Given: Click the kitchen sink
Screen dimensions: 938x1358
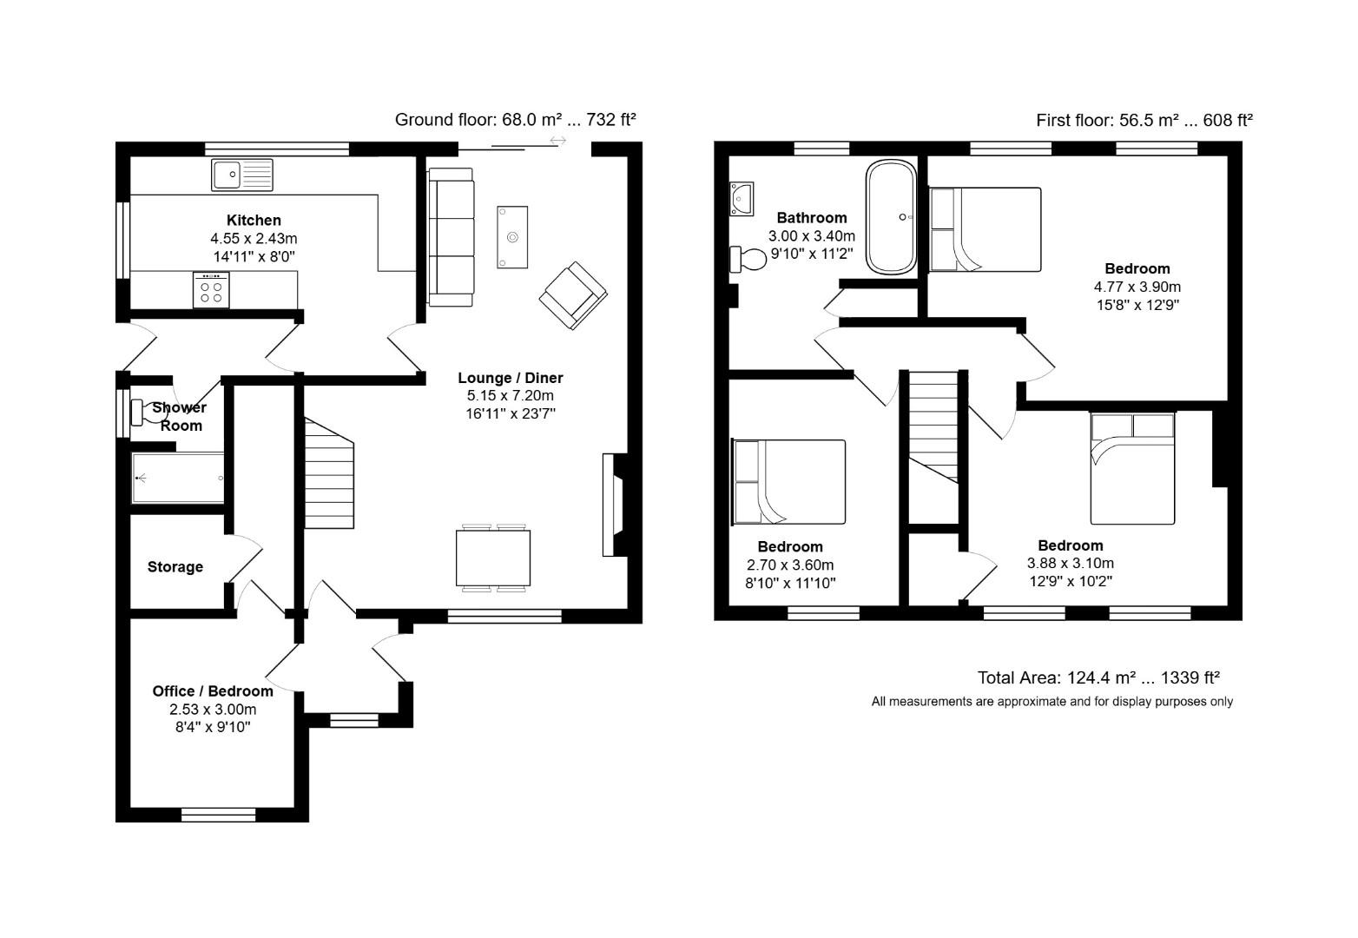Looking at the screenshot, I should (x=241, y=175).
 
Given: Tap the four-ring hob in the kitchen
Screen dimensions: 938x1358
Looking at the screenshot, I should (x=211, y=289).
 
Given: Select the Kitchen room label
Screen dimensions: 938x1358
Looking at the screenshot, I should (x=254, y=221).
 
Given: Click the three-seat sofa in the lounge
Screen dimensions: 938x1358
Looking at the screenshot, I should (x=451, y=237).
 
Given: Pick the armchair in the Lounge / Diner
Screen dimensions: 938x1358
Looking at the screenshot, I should (x=573, y=296).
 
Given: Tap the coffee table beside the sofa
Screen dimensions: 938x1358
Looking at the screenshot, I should (x=512, y=237).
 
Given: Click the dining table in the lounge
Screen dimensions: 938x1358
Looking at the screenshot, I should (x=493, y=558).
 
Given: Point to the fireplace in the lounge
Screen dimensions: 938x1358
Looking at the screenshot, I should (x=612, y=505).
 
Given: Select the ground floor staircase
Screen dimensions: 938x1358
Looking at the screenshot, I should (x=329, y=473).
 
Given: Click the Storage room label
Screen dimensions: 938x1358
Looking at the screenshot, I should (x=175, y=567).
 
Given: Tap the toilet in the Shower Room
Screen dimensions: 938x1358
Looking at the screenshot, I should (x=144, y=413).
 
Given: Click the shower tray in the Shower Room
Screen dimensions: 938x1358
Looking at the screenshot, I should (x=178, y=478).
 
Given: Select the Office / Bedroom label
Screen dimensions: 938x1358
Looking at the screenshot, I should (x=213, y=691).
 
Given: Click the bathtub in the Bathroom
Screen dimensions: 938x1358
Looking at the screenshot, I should (x=890, y=217).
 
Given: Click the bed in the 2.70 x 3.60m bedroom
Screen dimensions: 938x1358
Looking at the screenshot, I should (x=789, y=482).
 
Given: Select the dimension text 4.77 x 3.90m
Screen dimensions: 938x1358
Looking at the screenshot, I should (x=1137, y=287).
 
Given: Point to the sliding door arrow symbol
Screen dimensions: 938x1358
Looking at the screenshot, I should (x=557, y=141).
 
